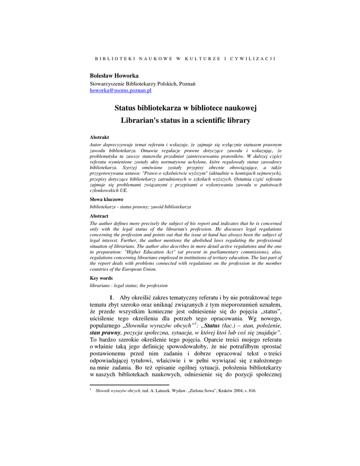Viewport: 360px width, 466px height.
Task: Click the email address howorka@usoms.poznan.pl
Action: (x=121, y=91)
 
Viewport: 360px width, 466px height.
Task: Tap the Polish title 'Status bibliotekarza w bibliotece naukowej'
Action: (x=186, y=108)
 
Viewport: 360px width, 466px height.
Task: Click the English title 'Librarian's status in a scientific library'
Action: (x=186, y=121)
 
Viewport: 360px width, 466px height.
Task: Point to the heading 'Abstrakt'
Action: (x=99, y=137)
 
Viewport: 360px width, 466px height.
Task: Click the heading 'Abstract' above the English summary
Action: (x=99, y=216)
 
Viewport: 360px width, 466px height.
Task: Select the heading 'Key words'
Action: (x=101, y=278)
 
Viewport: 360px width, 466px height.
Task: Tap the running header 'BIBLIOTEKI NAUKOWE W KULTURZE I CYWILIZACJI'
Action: (x=185, y=59)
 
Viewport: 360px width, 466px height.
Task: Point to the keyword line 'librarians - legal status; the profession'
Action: (x=129, y=285)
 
